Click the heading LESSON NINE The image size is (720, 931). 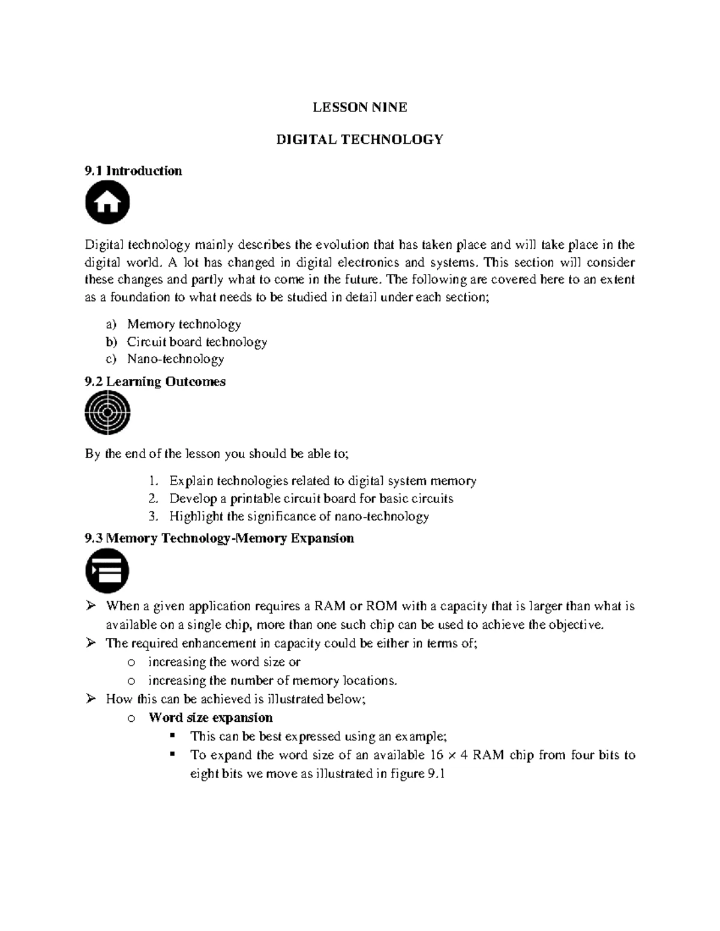(x=359, y=107)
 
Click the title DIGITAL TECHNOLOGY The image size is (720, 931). (x=359, y=140)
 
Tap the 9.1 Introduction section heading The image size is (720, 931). (x=133, y=171)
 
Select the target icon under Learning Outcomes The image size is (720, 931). (x=107, y=412)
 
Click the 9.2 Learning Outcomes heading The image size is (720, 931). (x=155, y=382)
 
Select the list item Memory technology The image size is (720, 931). (x=184, y=324)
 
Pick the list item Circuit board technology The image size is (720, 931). (x=197, y=342)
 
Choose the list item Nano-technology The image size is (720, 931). (x=175, y=359)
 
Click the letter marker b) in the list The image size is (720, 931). (x=111, y=342)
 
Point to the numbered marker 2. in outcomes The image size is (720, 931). (x=153, y=499)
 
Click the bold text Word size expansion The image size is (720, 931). (x=210, y=718)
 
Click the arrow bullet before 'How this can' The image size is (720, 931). (x=91, y=698)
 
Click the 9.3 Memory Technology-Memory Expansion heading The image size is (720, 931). (x=220, y=538)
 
